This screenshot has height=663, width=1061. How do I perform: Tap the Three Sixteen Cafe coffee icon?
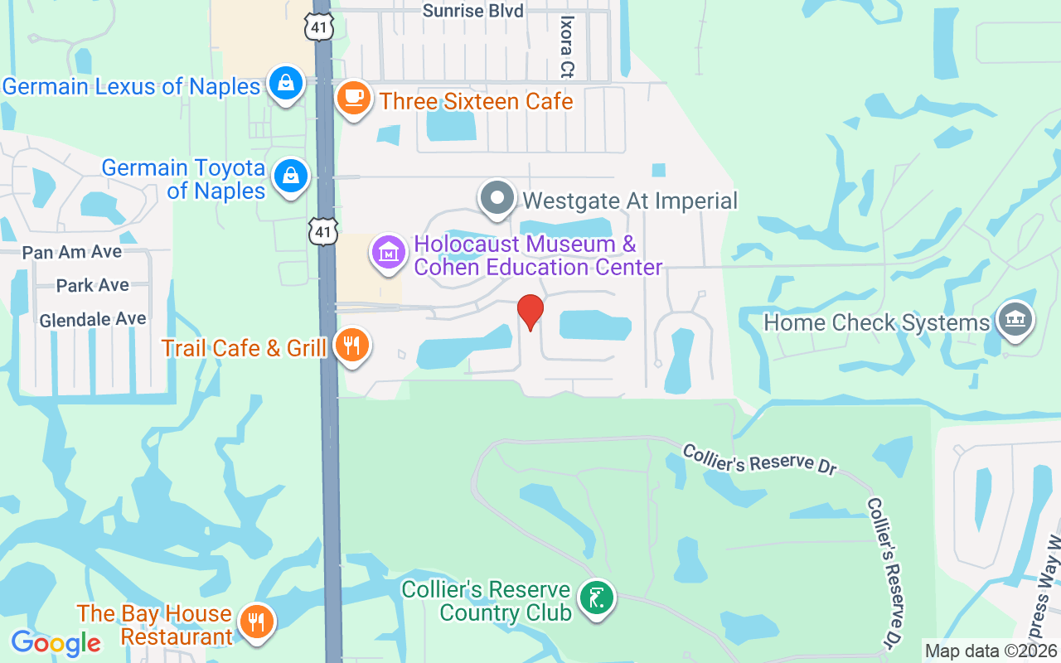[x=354, y=98]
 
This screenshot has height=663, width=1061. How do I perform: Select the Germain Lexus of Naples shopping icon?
[x=286, y=83]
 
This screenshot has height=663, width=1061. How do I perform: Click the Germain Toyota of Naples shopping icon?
[x=291, y=176]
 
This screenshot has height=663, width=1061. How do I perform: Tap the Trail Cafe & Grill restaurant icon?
[x=352, y=344]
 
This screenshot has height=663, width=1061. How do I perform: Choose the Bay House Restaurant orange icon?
[x=256, y=621]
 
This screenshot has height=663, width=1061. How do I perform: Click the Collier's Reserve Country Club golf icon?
[x=596, y=597]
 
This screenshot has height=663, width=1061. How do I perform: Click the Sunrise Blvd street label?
[x=472, y=11]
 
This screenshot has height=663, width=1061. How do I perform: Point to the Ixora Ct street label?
[x=567, y=46]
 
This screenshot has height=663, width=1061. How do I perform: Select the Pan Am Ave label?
[x=72, y=252]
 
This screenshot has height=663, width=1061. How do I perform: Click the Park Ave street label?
[x=93, y=285]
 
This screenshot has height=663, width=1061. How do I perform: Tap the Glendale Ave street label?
[x=93, y=319]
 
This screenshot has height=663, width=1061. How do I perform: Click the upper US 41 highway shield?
[x=319, y=27]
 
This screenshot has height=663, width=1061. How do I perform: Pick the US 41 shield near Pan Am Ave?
[x=323, y=230]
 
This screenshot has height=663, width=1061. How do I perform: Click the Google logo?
[x=56, y=642]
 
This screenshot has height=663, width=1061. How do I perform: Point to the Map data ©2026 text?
[x=991, y=651]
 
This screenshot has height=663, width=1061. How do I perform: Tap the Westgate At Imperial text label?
[x=630, y=201]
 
